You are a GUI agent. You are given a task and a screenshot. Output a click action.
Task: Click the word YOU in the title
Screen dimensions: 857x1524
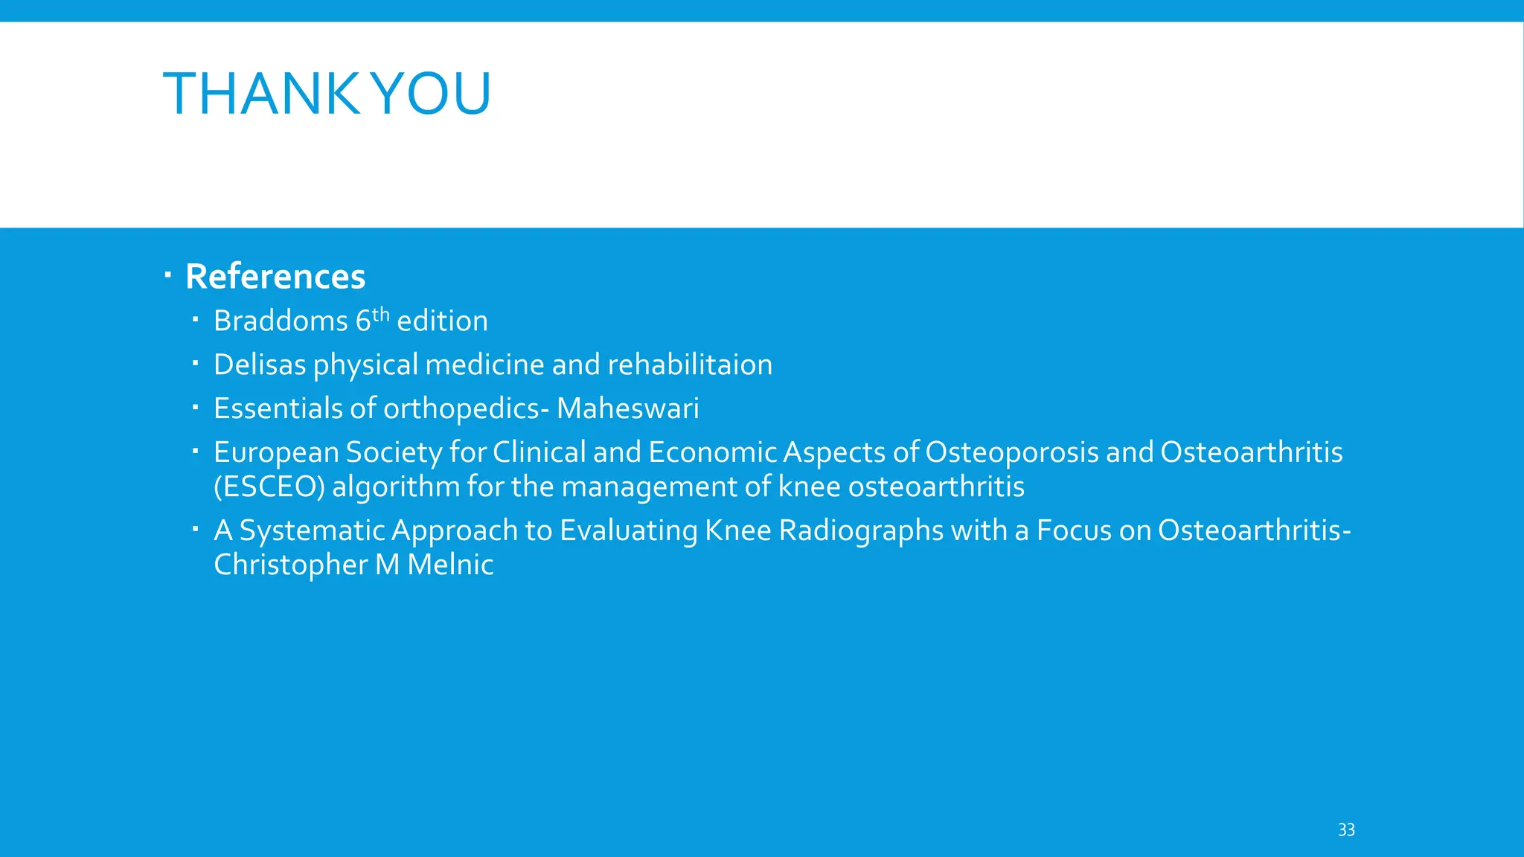pyautogui.click(x=431, y=94)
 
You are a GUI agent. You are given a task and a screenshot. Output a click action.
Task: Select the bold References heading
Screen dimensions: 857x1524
pyautogui.click(x=275, y=277)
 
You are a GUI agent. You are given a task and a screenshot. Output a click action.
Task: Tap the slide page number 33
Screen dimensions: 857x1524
pyautogui.click(x=1346, y=829)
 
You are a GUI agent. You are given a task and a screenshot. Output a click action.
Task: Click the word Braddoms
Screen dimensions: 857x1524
pyautogui.click(x=281, y=321)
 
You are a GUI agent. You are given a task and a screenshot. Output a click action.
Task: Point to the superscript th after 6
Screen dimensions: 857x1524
pyautogui.click(x=381, y=314)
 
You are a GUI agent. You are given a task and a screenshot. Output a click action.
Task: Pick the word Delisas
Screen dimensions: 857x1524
pyautogui.click(x=260, y=365)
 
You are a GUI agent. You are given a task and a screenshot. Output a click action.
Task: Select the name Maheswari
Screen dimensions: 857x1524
pyautogui.click(x=627, y=408)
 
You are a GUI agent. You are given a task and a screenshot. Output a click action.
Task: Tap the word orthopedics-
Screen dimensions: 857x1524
pyautogui.click(x=466, y=409)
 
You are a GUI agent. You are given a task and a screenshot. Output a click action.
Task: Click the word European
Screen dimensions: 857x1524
pyautogui.click(x=276, y=453)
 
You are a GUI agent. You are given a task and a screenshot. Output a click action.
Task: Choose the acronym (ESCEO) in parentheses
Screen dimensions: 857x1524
pyautogui.click(x=269, y=487)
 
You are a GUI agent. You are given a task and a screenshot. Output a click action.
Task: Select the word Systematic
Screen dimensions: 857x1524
pyautogui.click(x=312, y=531)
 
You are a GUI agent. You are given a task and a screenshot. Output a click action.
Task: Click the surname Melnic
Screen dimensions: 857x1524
pyautogui.click(x=450, y=565)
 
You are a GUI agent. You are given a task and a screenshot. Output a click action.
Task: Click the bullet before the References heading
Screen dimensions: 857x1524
pyautogui.click(x=168, y=277)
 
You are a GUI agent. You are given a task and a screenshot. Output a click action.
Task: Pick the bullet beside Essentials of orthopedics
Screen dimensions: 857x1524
pyautogui.click(x=194, y=408)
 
